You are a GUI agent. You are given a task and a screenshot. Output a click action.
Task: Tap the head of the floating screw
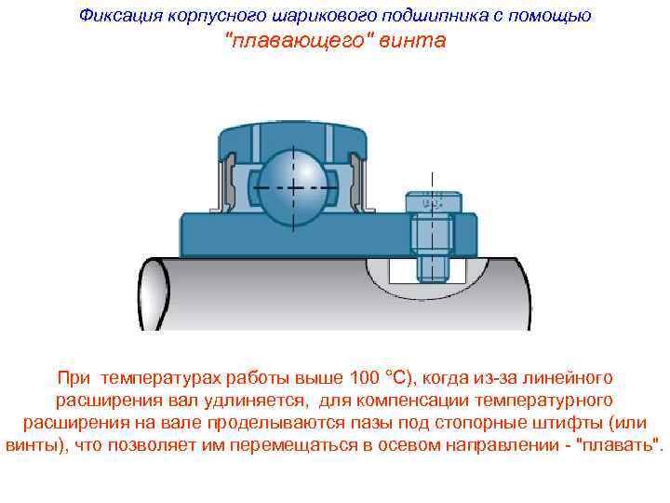[432, 204]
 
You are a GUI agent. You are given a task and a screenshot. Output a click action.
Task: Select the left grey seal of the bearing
[223, 181]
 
